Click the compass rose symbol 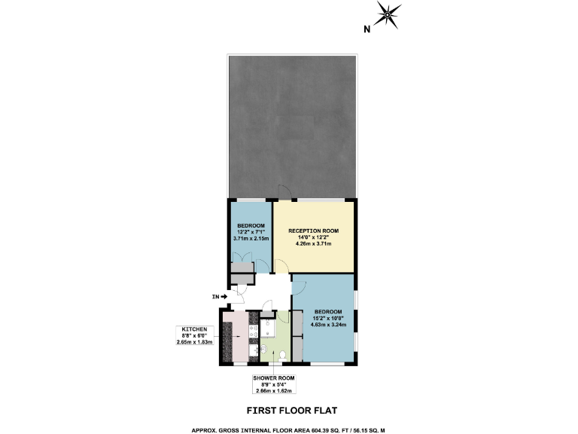388,14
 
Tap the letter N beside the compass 367,30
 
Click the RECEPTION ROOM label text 314,231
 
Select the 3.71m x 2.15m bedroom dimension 251,239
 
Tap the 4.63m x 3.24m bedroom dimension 328,325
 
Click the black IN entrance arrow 224,297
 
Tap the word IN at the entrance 215,297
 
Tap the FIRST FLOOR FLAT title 293,411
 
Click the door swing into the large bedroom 299,285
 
